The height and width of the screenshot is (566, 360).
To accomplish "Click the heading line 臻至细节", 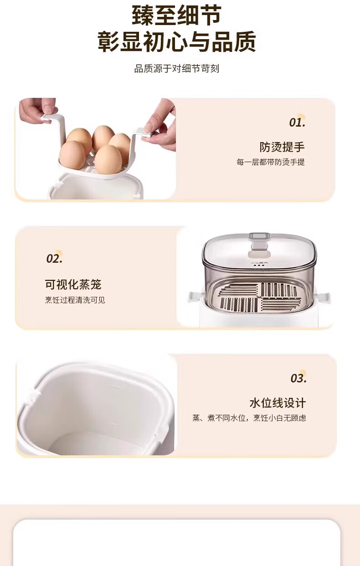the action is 177,15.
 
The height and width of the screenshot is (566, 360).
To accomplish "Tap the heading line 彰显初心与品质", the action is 177,42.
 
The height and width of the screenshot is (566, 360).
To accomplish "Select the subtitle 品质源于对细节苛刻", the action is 177,68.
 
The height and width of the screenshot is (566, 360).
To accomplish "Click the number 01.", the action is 297,122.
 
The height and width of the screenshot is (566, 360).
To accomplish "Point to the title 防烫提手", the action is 282,147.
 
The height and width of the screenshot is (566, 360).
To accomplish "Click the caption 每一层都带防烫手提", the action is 271,162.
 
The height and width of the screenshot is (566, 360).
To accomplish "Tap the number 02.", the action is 54,259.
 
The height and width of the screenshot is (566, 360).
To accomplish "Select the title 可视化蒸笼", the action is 73,284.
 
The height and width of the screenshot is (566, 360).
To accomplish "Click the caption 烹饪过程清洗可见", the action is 75,300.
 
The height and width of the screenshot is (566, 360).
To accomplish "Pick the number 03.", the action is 298,378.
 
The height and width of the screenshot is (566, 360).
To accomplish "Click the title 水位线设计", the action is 278,403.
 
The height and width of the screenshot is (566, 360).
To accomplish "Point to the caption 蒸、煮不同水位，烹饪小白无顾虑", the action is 249,418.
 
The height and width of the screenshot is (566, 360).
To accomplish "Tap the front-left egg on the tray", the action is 72,155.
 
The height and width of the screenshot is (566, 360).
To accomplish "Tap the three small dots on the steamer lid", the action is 259,265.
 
